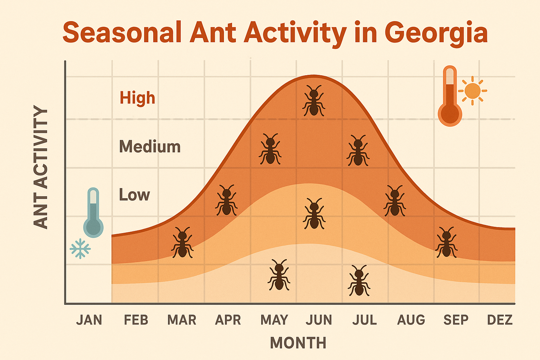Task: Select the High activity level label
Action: point(137,98)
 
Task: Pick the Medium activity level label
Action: point(150,147)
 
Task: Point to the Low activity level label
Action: point(134,195)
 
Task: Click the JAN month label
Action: point(89,320)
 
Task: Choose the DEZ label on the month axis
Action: point(500,320)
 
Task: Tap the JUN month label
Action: point(319,320)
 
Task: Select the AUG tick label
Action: point(411,320)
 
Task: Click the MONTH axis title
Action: point(298,343)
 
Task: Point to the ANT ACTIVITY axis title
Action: point(40,167)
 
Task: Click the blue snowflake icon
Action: point(80,249)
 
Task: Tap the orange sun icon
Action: point(472,91)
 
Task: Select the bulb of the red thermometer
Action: point(450,114)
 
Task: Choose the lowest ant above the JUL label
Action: point(359,281)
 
